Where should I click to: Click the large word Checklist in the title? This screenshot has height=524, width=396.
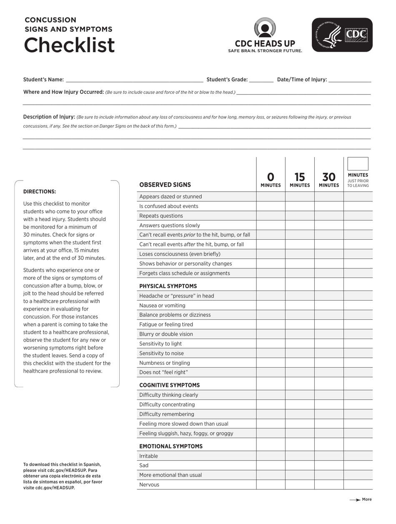(x=69, y=45)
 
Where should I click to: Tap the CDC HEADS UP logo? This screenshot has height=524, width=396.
(x=265, y=35)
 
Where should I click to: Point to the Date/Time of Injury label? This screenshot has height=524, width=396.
(x=302, y=80)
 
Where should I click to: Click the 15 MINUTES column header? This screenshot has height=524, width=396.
(x=300, y=180)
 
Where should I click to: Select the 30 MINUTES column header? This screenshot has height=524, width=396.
(x=329, y=180)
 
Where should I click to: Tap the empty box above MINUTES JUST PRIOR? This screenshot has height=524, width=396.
(x=358, y=164)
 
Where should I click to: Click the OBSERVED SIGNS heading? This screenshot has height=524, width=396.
(x=165, y=185)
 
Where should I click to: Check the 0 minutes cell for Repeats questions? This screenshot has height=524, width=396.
(x=271, y=216)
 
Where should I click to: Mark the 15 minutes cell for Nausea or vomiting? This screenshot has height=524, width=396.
(x=300, y=306)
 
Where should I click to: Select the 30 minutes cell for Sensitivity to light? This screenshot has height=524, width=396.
(x=329, y=344)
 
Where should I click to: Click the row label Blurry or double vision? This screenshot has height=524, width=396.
(x=166, y=334)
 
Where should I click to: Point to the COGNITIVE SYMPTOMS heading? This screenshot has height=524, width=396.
(x=169, y=385)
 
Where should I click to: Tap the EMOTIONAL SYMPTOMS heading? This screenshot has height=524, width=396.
(x=171, y=446)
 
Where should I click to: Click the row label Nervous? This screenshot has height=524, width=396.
(x=149, y=485)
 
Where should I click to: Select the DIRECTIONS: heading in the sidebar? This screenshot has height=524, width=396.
(x=40, y=192)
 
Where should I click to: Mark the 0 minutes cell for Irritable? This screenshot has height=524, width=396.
(x=271, y=456)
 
